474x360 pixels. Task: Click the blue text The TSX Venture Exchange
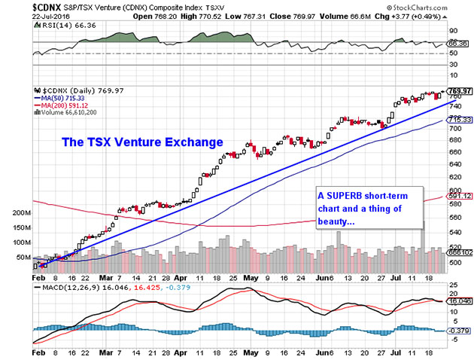(142, 142)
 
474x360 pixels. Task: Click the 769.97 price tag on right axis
(459, 90)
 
